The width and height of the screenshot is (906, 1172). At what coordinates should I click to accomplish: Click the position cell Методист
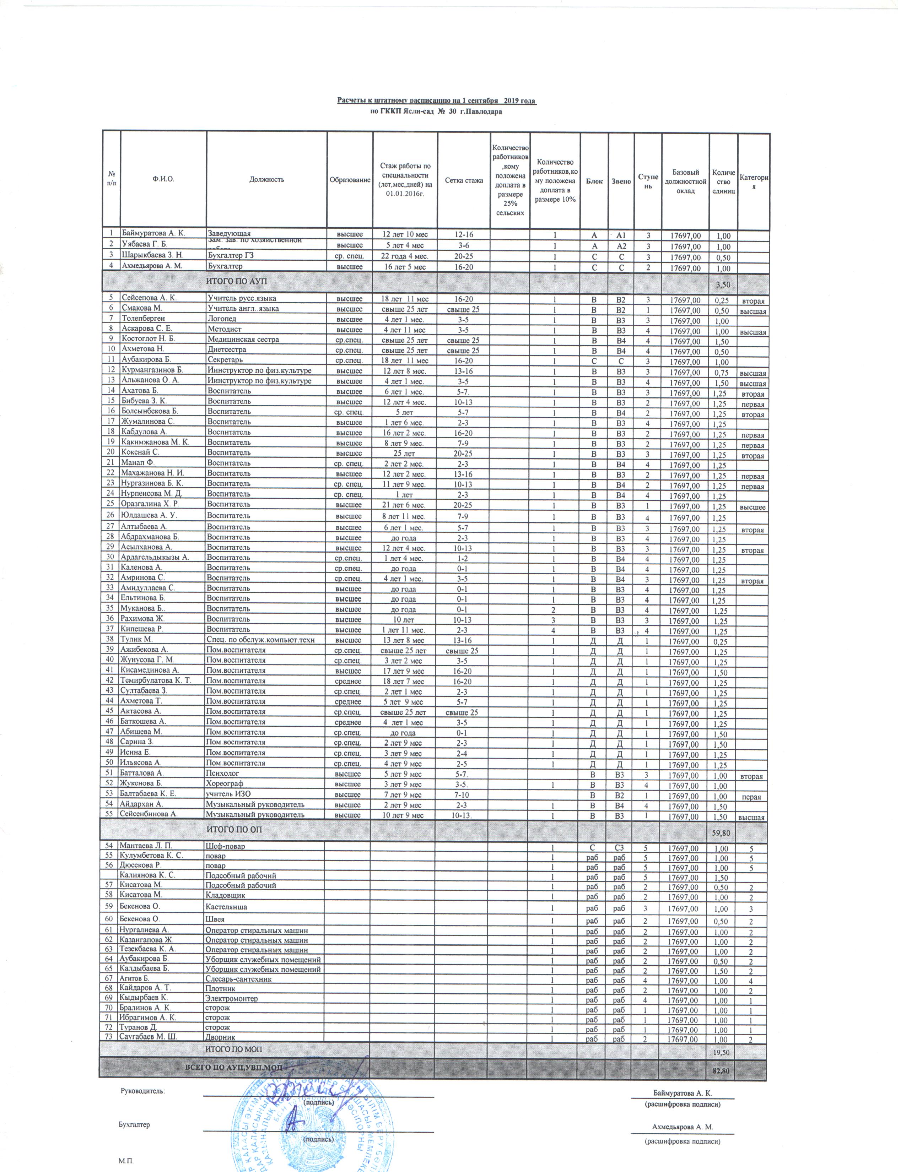pyautogui.click(x=224, y=329)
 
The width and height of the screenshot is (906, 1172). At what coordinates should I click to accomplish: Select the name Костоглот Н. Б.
pyautogui.click(x=149, y=339)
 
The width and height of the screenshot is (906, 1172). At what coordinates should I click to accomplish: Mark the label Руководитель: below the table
pyautogui.click(x=142, y=1090)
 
